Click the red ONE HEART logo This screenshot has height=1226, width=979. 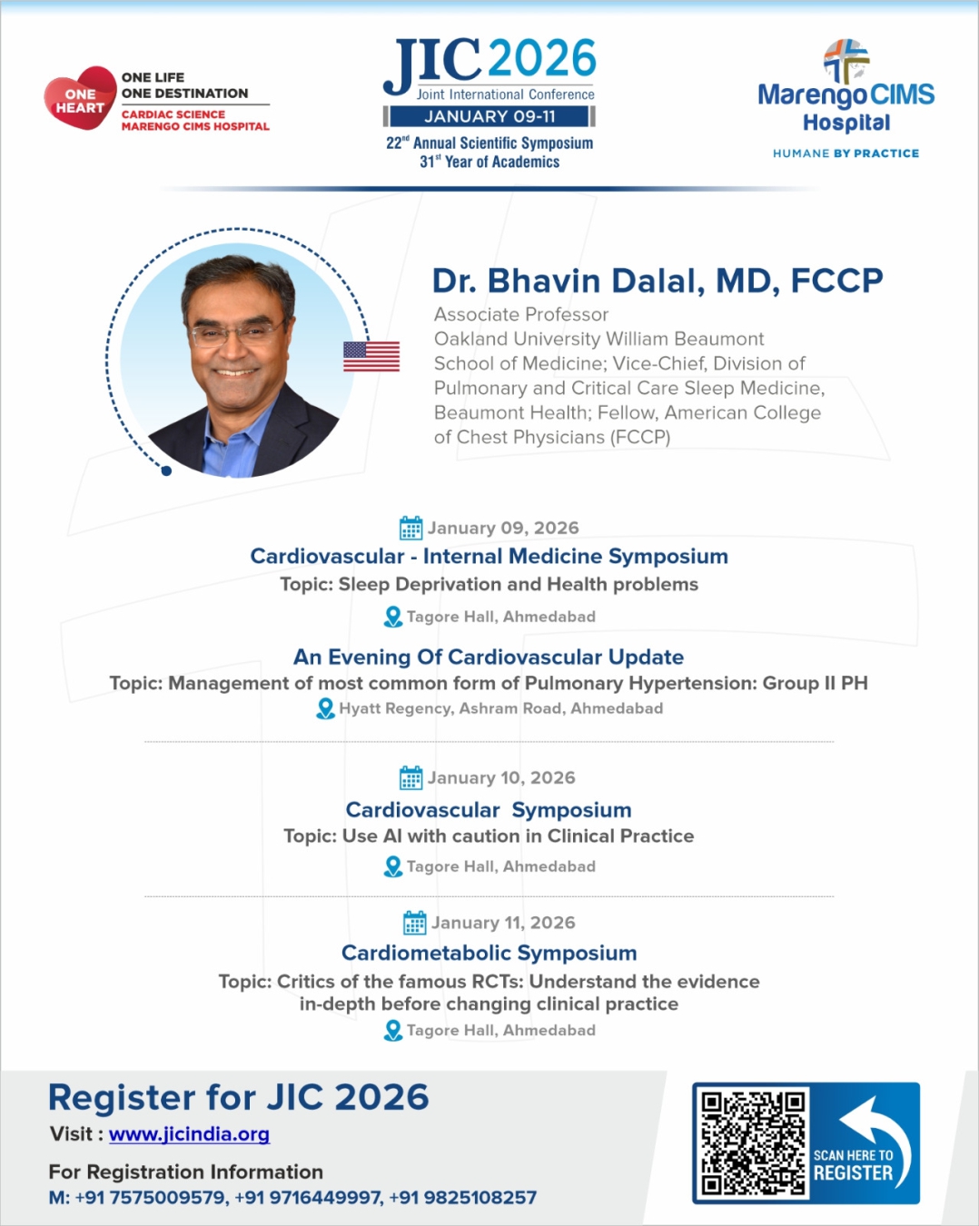(80, 99)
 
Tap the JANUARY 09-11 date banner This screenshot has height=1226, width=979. (489, 116)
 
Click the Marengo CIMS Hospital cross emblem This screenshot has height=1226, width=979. (845, 60)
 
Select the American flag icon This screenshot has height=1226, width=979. (371, 356)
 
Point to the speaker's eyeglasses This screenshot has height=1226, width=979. (234, 333)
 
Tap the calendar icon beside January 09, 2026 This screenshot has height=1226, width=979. (411, 528)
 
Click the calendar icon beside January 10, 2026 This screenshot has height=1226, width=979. (411, 777)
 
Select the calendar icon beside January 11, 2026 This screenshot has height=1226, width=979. (414, 923)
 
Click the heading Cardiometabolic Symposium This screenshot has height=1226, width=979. (489, 953)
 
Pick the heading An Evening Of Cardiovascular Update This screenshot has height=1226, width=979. (489, 657)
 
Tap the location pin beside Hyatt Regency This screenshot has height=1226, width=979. (325, 708)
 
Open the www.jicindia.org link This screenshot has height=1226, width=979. (189, 1134)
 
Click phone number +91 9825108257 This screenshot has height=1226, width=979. (462, 1198)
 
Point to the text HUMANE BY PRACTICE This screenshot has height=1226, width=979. (845, 153)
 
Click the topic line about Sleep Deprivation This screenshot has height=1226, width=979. (489, 584)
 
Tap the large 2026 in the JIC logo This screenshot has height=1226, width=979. (542, 59)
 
